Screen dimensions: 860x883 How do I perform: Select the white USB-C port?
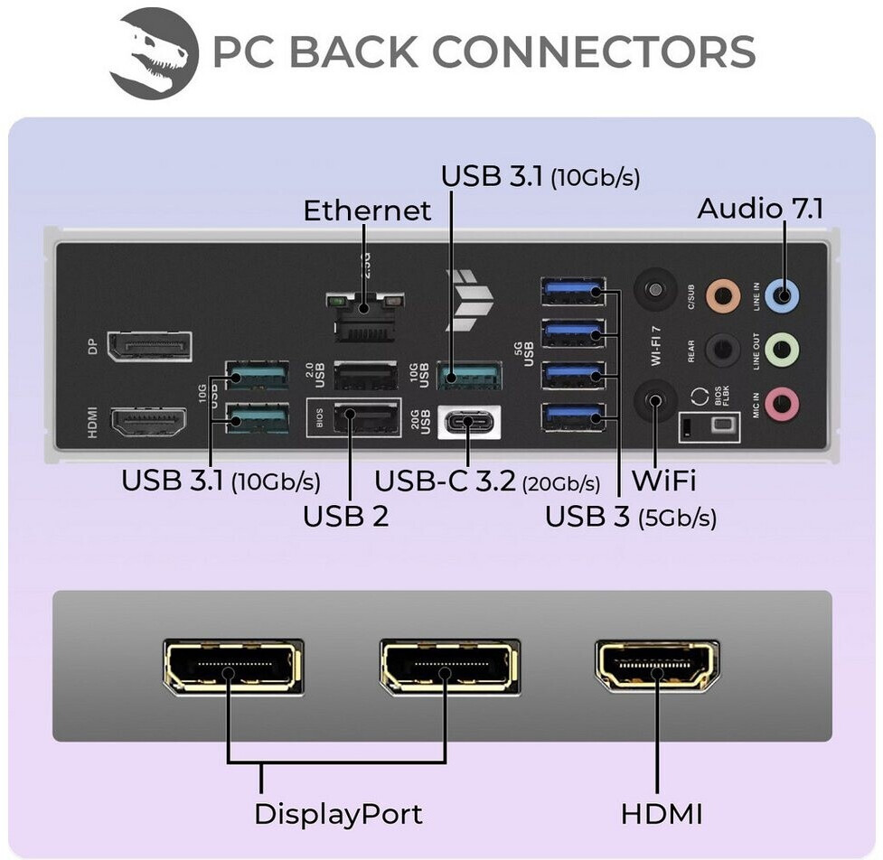pyautogui.click(x=469, y=420)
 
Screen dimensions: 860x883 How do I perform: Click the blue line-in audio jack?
pyautogui.click(x=782, y=294)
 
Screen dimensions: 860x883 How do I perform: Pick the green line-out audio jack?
pyautogui.click(x=782, y=348)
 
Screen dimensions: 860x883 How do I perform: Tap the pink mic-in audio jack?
pyautogui.click(x=782, y=403)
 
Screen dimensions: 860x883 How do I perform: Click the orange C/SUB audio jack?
pyautogui.click(x=723, y=294)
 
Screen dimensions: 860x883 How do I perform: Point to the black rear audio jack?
pyautogui.click(x=723, y=348)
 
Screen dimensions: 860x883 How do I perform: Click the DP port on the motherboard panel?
pyautogui.click(x=149, y=347)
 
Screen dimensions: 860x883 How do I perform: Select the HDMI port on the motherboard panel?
pyautogui.click(x=148, y=422)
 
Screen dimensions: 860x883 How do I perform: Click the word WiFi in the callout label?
pyautogui.click(x=663, y=481)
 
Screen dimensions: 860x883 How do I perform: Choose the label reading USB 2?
pyautogui.click(x=345, y=517)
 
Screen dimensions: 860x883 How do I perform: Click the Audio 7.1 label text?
pyautogui.click(x=760, y=209)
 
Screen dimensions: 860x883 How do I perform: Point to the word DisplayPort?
pyautogui.click(x=338, y=814)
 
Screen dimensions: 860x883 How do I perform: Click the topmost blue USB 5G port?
pyautogui.click(x=572, y=292)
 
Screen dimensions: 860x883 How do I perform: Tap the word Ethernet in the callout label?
pyautogui.click(x=367, y=210)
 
